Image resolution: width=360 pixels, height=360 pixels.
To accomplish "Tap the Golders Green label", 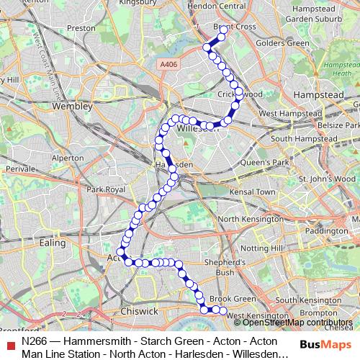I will click(289, 43).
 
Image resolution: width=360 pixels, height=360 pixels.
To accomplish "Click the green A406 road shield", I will click(168, 65).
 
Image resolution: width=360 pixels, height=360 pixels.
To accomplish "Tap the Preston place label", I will click(81, 28).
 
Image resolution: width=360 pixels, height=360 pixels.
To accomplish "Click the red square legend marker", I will click(10, 343).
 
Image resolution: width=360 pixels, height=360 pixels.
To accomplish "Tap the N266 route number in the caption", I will click(35, 342).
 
